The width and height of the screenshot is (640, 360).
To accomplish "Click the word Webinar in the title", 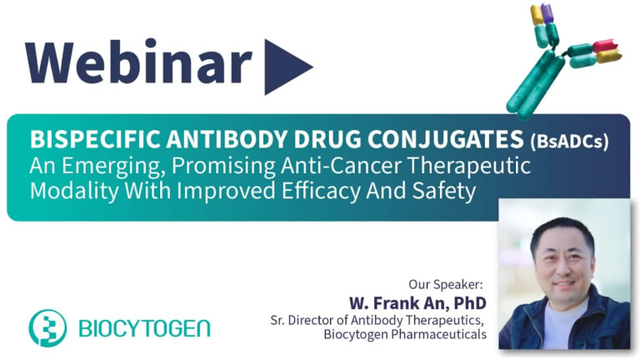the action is [139, 61].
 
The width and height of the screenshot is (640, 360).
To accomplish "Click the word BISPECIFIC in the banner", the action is [96, 139].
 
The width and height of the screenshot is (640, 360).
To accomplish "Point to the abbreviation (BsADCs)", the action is [569, 141].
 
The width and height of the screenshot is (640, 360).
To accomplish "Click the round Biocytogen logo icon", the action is [47, 328].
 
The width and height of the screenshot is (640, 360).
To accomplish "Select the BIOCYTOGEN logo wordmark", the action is [144, 328].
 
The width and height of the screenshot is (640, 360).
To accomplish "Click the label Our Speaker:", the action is [446, 284].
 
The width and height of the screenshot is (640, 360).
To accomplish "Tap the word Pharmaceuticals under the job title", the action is [439, 334].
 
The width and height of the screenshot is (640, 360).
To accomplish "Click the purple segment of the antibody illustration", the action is [547, 13].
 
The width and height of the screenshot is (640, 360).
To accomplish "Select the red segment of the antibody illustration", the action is [603, 45].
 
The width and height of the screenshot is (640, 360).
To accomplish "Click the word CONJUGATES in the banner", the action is [446, 139].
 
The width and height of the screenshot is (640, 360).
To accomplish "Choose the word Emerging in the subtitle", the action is [113, 167].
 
